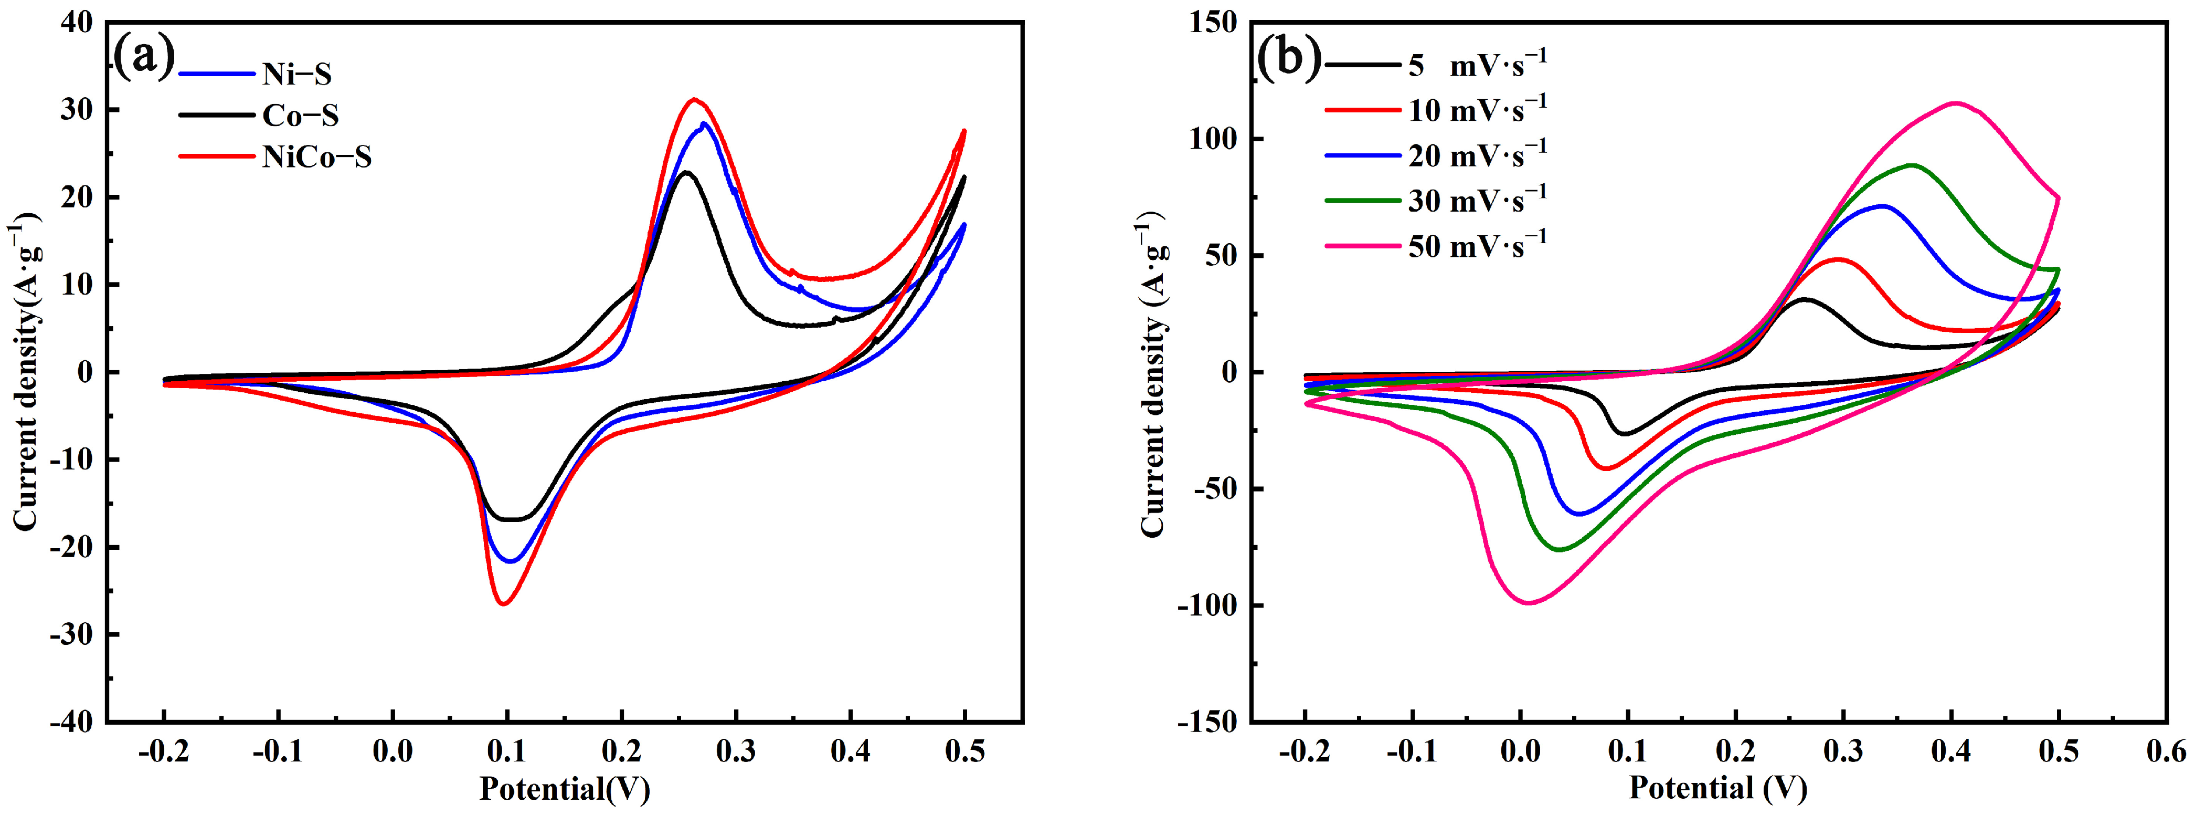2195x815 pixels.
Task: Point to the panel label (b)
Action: coord(1288,58)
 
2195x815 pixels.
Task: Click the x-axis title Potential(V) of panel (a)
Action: coord(565,789)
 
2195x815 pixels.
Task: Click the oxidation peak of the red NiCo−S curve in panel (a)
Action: coord(694,100)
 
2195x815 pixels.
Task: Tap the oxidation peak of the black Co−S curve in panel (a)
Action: coord(686,172)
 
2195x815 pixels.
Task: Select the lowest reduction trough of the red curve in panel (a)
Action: coord(504,603)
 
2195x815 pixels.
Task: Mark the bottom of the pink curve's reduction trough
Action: coord(1530,603)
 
